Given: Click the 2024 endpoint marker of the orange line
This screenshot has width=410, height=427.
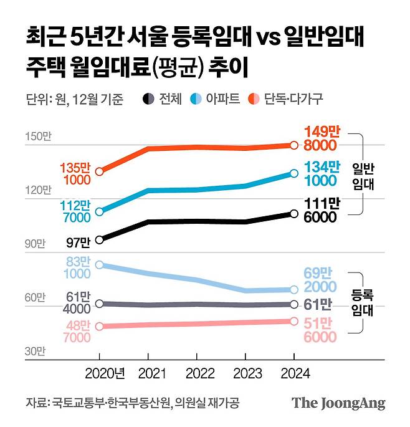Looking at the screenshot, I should [x=294, y=145].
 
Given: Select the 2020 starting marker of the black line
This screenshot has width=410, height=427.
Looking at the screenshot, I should [x=99, y=239].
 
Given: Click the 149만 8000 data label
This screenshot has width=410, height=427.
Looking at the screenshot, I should [x=322, y=138].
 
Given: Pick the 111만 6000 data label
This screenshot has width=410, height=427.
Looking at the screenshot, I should [x=322, y=209].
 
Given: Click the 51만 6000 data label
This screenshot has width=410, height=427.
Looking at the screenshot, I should [x=322, y=330].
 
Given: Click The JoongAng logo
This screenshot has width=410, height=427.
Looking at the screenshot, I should [x=338, y=403].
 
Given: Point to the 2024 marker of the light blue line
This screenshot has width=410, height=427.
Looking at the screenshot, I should [x=294, y=290].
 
